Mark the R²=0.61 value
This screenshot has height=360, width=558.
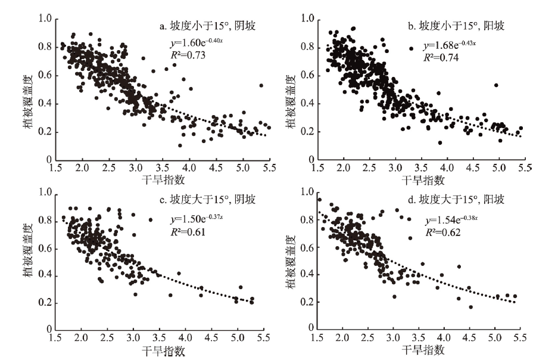click(186, 229)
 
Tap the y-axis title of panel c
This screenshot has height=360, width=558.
click(29, 260)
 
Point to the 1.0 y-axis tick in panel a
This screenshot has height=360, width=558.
click(44, 18)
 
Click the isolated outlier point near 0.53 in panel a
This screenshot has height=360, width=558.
click(261, 85)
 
